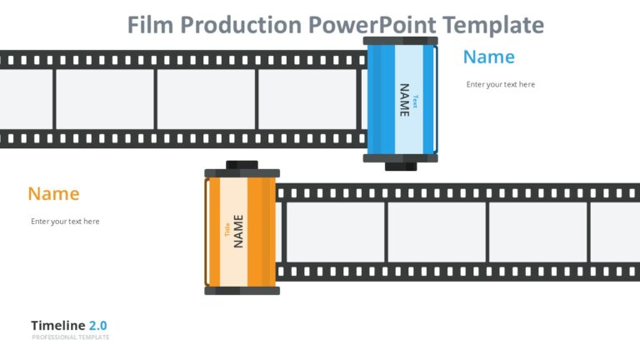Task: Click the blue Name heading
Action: pos(489,57)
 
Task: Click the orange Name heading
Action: pos(53,193)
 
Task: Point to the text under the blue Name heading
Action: pos(501,84)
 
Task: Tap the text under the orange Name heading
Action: pos(65,222)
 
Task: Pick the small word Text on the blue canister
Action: pos(416,102)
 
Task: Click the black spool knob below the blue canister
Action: pos(401,166)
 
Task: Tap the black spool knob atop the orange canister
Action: pos(242,164)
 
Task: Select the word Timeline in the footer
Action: pos(58,325)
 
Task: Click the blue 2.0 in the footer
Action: pos(98,325)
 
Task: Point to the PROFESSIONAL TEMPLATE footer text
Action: pos(71,337)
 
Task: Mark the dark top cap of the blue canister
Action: pos(401,40)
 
